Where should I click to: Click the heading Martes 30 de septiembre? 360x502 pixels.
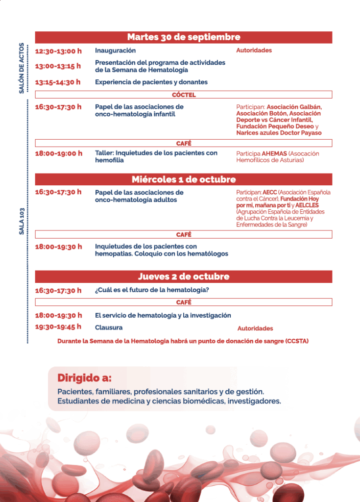[x=184, y=37]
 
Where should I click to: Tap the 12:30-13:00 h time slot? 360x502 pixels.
[x=58, y=51]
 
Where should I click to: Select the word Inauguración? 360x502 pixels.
[x=115, y=50]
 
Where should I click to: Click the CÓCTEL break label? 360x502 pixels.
[x=184, y=95]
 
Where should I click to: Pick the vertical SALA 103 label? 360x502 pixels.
[x=22, y=220]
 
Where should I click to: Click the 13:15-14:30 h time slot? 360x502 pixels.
[x=58, y=82]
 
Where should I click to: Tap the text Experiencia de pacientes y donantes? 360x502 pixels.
[x=151, y=82]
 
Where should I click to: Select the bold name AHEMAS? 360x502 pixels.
[x=274, y=153]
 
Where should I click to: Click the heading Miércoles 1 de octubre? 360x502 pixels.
[x=184, y=179]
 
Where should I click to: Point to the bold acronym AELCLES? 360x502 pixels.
[x=307, y=205]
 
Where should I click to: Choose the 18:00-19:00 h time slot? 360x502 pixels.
[x=58, y=153]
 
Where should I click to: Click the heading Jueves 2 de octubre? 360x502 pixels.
[x=184, y=276]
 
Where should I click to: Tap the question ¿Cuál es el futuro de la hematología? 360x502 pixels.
[x=152, y=290]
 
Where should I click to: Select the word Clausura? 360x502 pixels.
[x=109, y=327]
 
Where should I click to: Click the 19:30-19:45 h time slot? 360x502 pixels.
[x=58, y=327]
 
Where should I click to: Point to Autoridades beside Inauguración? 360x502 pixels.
[x=254, y=50]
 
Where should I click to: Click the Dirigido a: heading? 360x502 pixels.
[x=84, y=378]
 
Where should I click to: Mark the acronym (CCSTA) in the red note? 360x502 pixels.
[x=297, y=341]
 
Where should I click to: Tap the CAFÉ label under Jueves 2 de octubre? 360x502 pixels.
[x=184, y=302]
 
